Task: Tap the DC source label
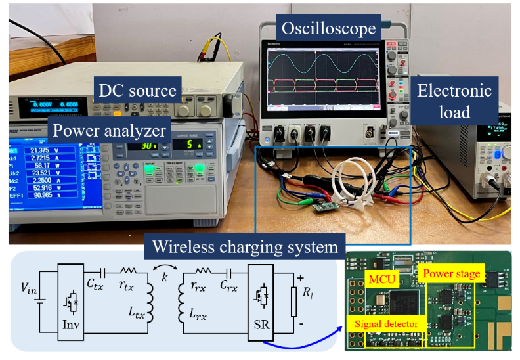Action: pyautogui.click(x=137, y=91)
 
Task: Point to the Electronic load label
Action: pyautogui.click(x=454, y=101)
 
